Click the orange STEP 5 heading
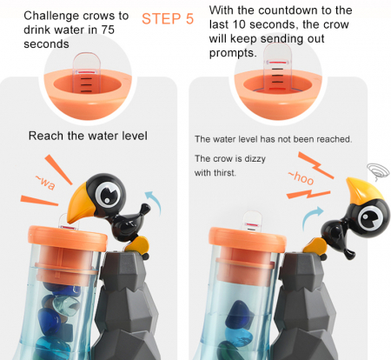click(168, 19)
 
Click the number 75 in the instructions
click(108, 30)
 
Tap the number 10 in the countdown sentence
click(239, 24)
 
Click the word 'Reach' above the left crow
click(46, 136)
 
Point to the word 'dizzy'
click(255, 159)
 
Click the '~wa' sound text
click(45, 183)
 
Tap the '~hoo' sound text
click(301, 177)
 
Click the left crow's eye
click(107, 193)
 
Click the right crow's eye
click(370, 218)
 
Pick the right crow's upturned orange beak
click(363, 190)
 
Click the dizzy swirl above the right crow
click(378, 171)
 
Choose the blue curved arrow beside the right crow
click(311, 217)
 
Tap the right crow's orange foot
click(315, 246)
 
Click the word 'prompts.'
click(233, 53)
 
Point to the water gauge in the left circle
click(86, 73)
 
